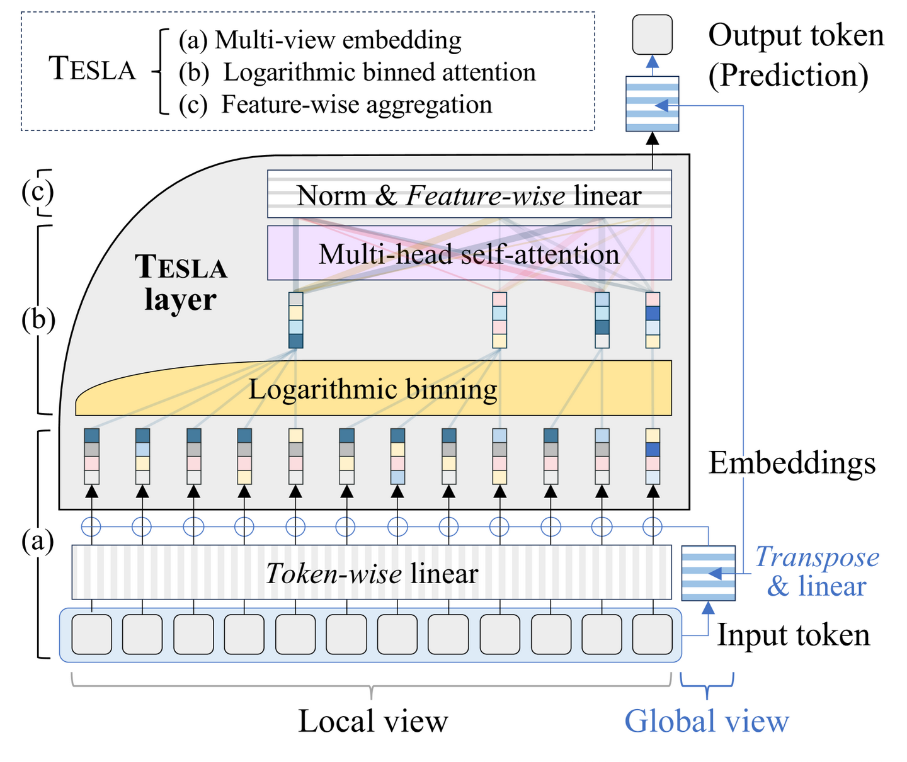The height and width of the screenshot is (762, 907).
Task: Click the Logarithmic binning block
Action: point(373,389)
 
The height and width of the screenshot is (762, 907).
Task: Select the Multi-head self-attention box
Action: point(469,254)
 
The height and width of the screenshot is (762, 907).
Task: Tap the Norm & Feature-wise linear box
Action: point(469,195)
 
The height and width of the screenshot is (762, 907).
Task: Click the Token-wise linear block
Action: point(372,573)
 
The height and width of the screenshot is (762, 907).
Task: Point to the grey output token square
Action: point(652,34)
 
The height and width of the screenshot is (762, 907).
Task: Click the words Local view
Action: point(373,721)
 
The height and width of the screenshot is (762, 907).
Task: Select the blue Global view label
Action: point(706,721)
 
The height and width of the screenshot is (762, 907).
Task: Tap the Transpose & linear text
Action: point(816,571)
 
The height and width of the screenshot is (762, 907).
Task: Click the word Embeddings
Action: point(792,463)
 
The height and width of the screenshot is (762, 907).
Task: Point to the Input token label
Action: point(794,635)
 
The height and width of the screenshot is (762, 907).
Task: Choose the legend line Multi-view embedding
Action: point(320,40)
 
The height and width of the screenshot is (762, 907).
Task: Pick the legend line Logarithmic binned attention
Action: point(357,72)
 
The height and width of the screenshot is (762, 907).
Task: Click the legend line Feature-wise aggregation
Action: point(335,105)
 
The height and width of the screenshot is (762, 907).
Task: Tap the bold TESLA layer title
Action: point(181,283)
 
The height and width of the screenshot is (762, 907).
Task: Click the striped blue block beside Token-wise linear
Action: point(709,573)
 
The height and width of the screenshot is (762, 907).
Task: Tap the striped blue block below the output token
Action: point(652,104)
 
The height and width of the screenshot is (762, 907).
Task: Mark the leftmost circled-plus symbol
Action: point(92,526)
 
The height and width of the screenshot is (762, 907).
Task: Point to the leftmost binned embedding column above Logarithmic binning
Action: point(296,320)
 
